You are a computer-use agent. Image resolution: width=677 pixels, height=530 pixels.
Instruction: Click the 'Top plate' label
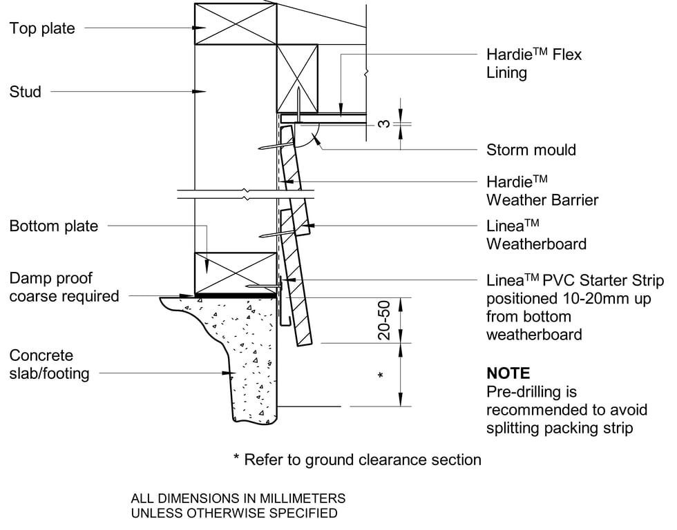42,28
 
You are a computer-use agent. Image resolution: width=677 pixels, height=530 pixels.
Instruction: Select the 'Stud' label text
25,92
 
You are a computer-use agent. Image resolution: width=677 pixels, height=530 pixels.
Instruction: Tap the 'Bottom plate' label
53,226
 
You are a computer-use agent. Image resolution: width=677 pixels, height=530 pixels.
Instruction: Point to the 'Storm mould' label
531,150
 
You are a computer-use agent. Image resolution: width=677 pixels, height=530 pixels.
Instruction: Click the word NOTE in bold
508,373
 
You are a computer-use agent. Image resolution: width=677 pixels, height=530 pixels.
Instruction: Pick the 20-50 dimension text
385,320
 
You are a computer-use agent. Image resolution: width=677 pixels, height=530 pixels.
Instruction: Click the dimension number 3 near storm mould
385,124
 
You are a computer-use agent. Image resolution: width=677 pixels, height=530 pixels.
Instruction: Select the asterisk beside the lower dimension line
381,376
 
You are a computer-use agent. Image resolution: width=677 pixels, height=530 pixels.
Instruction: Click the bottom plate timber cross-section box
236,273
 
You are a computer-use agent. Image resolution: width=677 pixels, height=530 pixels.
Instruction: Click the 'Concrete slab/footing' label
49,365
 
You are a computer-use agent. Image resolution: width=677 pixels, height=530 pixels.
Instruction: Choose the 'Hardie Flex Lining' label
533,63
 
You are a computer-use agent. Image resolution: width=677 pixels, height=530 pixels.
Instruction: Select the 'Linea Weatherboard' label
535,235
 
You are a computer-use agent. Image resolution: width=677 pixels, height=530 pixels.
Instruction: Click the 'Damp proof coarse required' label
64,287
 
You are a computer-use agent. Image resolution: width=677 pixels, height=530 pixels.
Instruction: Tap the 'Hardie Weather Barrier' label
542,191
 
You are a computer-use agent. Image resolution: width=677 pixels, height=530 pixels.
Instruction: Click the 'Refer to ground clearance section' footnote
357,460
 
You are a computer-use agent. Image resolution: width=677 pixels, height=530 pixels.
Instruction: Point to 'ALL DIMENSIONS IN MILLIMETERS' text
238,498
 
